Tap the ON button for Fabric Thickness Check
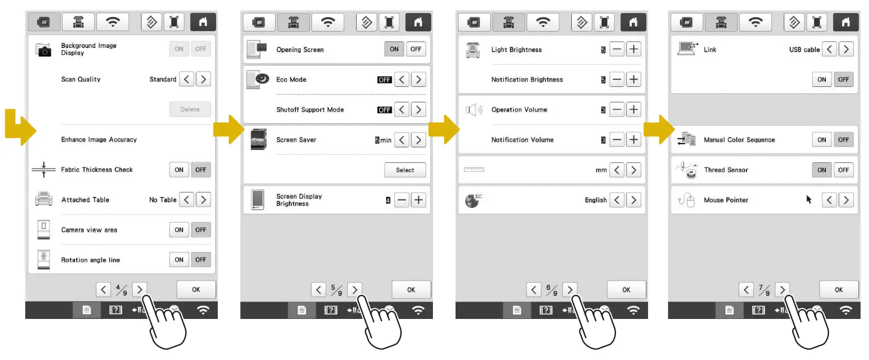[179, 170]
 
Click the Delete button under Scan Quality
[190, 109]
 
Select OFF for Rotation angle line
[200, 260]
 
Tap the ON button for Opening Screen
[394, 49]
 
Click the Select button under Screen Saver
[405, 171]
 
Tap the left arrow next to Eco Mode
[402, 80]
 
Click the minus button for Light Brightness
[617, 49]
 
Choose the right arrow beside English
[633, 200]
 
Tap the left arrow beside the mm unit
[617, 170]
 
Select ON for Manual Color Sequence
[822, 140]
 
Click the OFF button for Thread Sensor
[843, 170]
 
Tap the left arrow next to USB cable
[830, 49]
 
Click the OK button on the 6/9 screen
[626, 290]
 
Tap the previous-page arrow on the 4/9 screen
[104, 289]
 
